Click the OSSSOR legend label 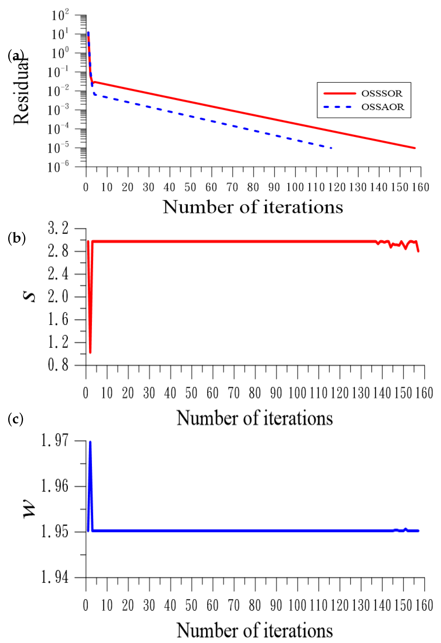tap(382, 94)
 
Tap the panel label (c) tap(16, 419)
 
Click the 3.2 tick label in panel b tap(58, 229)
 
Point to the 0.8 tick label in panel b tap(58, 365)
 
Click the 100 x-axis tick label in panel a tap(295, 187)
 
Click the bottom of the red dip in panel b tap(90, 352)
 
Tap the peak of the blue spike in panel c tap(90, 442)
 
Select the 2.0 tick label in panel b tap(58, 297)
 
